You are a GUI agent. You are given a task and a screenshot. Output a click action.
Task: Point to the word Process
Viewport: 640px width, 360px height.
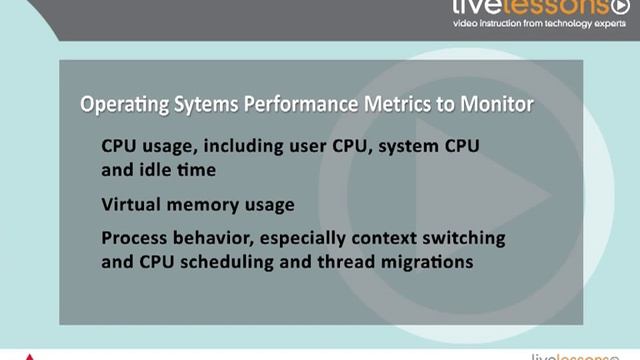pyautogui.click(x=134, y=239)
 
